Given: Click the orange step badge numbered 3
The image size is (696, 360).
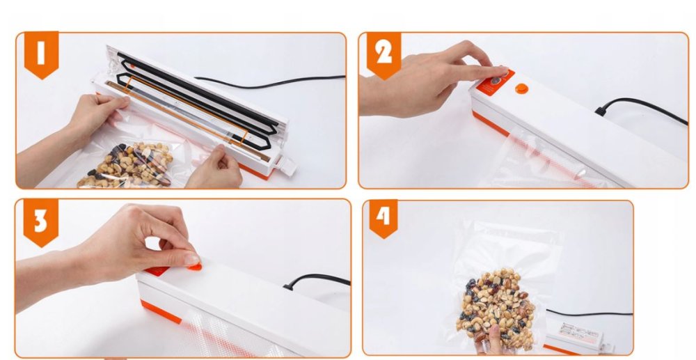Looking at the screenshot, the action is coord(41,222).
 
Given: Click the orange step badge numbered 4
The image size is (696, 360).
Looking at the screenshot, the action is coord(383,218).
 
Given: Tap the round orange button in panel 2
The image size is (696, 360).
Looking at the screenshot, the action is coord(521,88).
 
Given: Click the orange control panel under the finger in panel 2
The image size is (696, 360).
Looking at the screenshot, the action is coord(496,83).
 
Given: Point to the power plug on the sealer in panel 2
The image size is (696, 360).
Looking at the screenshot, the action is coord(601,111).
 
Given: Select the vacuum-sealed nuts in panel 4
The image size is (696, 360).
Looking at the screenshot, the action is coord(497,306).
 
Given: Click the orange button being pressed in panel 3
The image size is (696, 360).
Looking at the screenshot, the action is coord(194,266).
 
